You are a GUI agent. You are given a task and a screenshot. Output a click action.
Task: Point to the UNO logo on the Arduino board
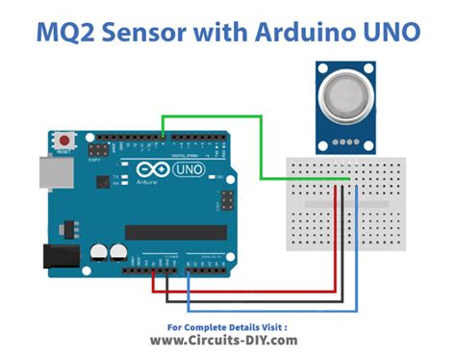click(193, 171)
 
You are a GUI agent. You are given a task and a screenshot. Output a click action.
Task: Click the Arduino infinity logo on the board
click(159, 171)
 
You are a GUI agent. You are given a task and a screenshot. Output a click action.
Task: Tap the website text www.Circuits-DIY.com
click(227, 340)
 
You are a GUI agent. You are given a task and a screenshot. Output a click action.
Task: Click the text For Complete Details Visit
click(227, 325)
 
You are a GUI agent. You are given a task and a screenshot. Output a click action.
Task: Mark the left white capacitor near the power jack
click(99, 252)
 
